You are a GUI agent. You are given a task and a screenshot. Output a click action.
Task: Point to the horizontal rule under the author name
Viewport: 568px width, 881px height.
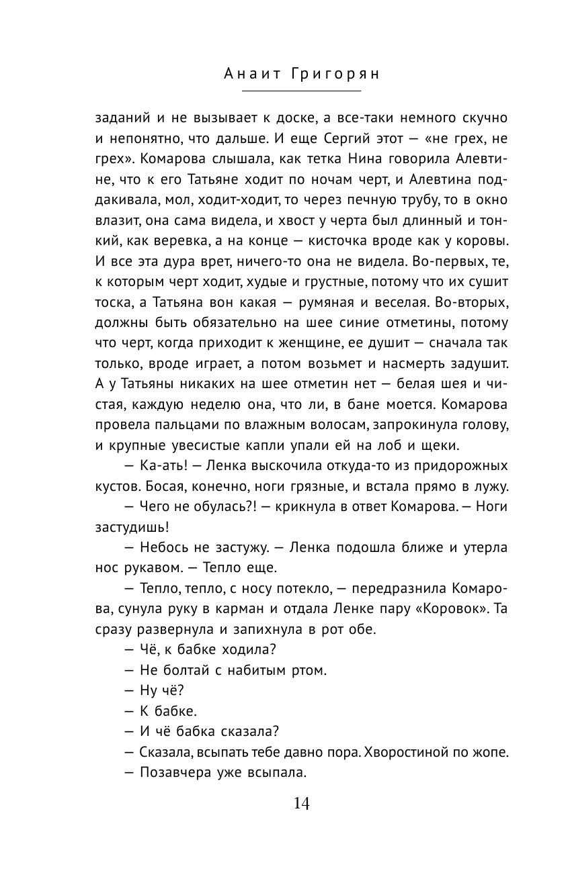point(301,91)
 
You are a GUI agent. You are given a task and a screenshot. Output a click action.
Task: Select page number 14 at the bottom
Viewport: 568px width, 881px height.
point(301,804)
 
